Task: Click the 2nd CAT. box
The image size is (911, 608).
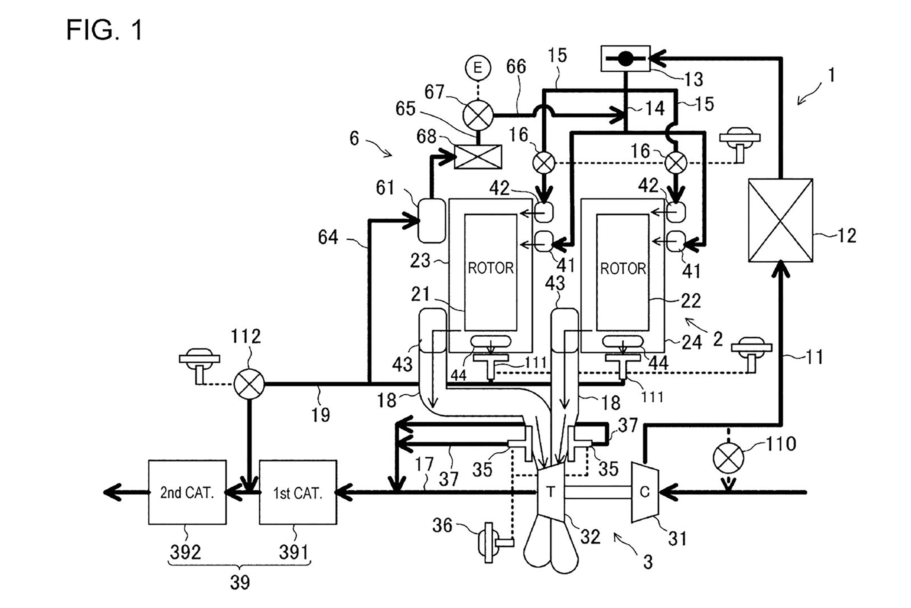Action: coord(187,492)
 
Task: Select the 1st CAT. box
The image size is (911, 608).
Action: coord(298,492)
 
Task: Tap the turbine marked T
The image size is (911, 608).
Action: coord(551,492)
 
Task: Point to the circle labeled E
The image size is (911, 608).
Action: coord(478,68)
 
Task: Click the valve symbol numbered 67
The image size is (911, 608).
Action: coord(478,115)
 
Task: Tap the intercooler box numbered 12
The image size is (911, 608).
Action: coord(780,220)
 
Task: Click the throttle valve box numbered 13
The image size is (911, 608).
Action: coord(626,59)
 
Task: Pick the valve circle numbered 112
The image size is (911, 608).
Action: coord(249,384)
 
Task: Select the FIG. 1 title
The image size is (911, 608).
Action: coord(104,30)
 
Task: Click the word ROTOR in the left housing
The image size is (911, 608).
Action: coord(491,268)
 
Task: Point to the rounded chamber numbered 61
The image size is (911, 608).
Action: coord(432,221)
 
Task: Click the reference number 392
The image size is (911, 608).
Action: coord(186,552)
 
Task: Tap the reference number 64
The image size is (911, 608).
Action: coord(328,237)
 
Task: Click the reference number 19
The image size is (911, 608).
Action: coord(321,415)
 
